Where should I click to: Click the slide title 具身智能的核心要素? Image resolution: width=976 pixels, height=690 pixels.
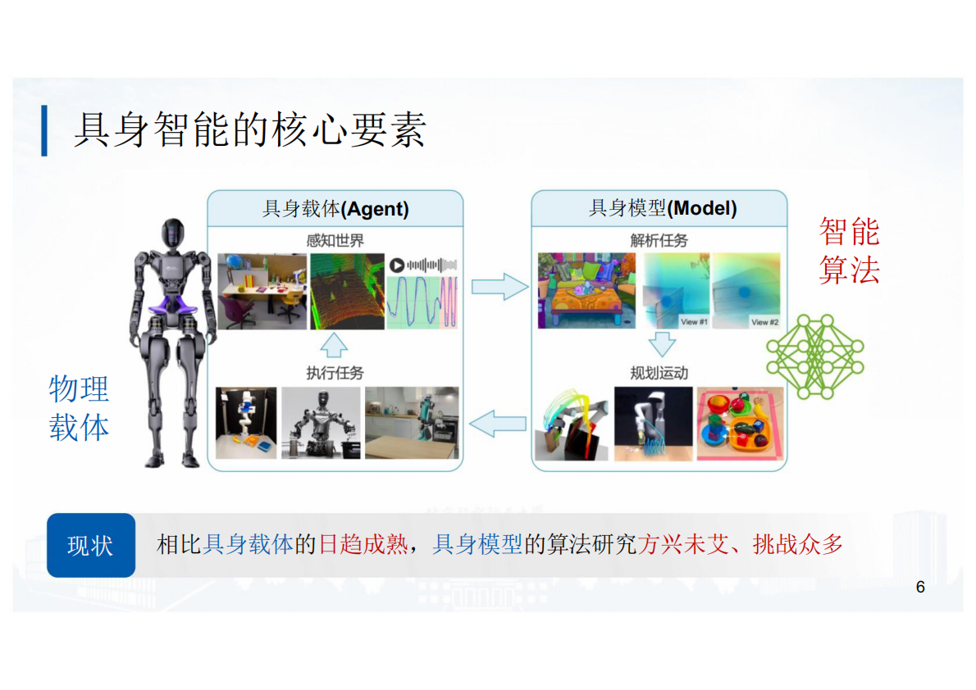pos(250,129)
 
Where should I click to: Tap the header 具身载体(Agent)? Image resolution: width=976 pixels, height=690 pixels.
pos(335,209)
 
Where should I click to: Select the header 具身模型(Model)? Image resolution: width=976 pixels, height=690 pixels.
pos(663,209)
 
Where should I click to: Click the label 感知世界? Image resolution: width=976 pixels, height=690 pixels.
pos(335,241)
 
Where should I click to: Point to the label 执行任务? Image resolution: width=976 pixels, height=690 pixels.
pos(335,373)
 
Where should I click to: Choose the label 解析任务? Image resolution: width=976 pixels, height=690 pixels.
pos(659,241)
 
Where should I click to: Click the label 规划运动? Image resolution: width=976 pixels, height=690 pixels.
pos(659,373)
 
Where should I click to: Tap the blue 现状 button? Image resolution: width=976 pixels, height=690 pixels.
pos(90,545)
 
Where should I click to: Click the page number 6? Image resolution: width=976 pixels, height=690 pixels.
pos(920,587)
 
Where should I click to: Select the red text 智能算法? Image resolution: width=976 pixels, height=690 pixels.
pos(849,251)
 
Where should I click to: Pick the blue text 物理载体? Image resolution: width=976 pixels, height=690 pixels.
pos(79,408)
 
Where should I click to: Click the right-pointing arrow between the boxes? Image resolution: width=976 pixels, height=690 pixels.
pos(499,286)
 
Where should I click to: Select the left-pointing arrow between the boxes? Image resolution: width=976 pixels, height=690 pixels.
pos(498,423)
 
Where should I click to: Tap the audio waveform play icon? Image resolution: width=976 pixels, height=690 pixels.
pos(397,265)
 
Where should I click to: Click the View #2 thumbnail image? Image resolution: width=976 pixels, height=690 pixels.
pos(746,291)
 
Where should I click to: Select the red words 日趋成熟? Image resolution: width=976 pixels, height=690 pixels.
pos(363,544)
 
